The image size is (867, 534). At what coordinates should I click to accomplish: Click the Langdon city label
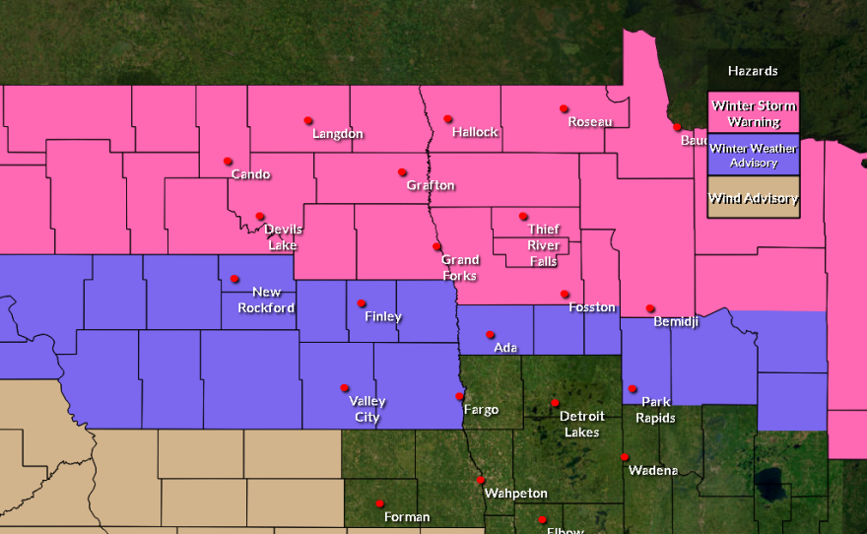[x=338, y=134]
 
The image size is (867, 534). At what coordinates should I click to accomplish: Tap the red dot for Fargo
[x=459, y=396]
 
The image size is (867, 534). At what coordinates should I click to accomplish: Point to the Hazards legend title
[x=753, y=71]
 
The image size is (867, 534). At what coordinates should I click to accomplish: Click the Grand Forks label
[x=459, y=268]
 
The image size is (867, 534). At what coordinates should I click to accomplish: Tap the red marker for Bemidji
[x=650, y=308]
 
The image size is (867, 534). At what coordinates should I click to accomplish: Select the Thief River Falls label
[x=543, y=245]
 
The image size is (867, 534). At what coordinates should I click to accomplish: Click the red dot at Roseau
[x=564, y=108]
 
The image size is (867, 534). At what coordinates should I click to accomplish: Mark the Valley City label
[x=367, y=409]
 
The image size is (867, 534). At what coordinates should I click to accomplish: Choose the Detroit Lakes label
[x=581, y=424]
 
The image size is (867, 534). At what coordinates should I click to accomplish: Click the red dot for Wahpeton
[x=480, y=480]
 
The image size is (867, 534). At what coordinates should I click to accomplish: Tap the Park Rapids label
[x=655, y=410]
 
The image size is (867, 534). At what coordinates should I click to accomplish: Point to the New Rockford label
[x=266, y=300]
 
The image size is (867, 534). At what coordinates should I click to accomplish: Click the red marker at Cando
[x=228, y=161]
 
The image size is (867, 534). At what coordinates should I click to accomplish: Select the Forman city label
[x=407, y=517]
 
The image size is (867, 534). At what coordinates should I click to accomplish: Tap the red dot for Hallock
[x=447, y=118]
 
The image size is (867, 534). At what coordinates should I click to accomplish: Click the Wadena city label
[x=653, y=470]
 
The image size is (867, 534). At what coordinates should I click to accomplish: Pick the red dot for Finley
[x=362, y=302]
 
